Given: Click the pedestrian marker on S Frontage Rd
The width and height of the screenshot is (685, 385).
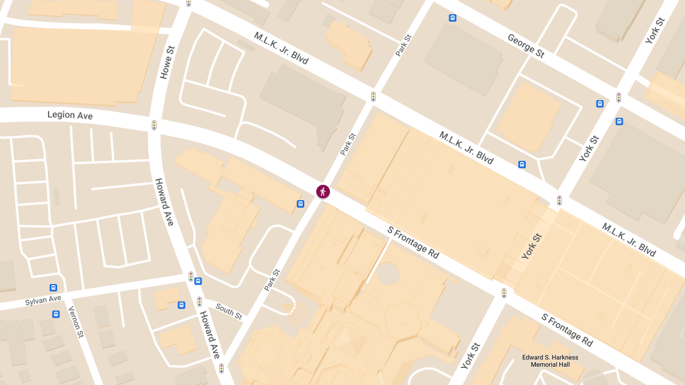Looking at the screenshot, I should click(323, 192).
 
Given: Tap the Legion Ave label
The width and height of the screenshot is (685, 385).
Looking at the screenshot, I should click(70, 115).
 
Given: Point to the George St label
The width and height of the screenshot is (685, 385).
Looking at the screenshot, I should click(526, 46).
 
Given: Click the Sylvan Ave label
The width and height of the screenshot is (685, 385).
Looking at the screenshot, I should click(43, 299).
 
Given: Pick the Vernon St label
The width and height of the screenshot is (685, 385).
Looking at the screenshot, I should click(76, 322).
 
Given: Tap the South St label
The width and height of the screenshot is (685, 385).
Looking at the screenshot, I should click(229, 311).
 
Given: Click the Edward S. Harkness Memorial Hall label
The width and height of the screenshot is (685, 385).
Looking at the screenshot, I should click(550, 361).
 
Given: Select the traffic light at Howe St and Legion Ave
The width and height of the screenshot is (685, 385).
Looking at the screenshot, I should click(154, 125).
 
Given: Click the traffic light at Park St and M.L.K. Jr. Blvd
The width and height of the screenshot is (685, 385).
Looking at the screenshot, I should click(373, 97).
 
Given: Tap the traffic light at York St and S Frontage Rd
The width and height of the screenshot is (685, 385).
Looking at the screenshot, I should click(504, 293).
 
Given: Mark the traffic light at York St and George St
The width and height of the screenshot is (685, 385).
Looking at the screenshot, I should click(618, 98).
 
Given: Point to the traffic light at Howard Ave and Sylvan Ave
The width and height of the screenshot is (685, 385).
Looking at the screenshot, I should click(191, 277).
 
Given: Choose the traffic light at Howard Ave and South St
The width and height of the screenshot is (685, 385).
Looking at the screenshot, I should click(200, 301).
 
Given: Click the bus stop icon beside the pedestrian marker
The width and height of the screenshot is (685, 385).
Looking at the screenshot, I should click(300, 204).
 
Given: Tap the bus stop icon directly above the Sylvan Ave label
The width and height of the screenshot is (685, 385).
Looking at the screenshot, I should click(53, 288).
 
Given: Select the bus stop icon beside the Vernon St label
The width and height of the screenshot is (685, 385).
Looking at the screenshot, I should click(56, 314).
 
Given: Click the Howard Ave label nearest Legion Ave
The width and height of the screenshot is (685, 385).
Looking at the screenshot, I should click(164, 201).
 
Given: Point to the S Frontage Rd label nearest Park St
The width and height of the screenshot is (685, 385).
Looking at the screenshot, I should click(413, 242).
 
